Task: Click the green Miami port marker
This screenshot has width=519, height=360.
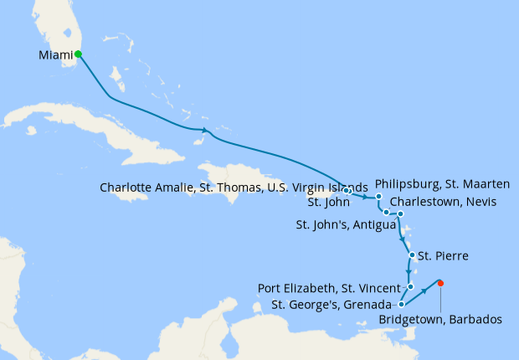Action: pos(78,54)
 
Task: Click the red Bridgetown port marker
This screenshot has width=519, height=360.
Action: pos(440,282)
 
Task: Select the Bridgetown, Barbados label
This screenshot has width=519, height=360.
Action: pos(440,319)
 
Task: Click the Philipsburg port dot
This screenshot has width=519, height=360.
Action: pos(378,197)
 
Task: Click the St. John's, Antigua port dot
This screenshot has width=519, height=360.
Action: pos(401,214)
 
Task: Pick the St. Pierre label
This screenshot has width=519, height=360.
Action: pos(442,255)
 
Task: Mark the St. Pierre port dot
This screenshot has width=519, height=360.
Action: pos(411,255)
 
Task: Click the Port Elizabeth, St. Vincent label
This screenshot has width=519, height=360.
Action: pos(329,288)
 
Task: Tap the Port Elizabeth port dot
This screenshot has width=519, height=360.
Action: pos(411,287)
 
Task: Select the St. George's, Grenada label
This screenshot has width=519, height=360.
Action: pos(332,304)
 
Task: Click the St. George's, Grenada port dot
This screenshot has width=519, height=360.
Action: pos(402,304)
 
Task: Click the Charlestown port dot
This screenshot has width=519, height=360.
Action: pos(387,213)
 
